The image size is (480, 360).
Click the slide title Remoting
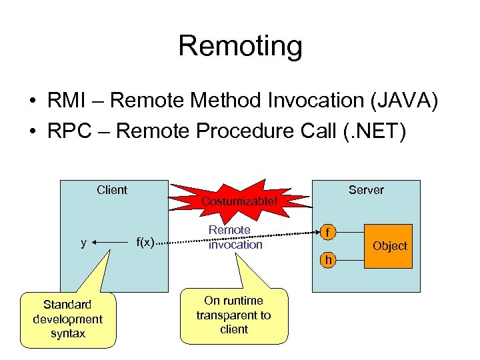click(x=240, y=46)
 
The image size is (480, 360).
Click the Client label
click(x=111, y=190)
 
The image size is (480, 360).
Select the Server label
click(x=366, y=190)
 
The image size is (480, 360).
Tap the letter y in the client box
click(x=83, y=243)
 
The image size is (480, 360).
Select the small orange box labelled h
click(x=327, y=259)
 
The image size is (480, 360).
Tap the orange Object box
click(x=389, y=246)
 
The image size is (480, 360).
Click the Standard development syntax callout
click(x=68, y=319)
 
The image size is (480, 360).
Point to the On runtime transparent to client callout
click(x=233, y=315)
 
